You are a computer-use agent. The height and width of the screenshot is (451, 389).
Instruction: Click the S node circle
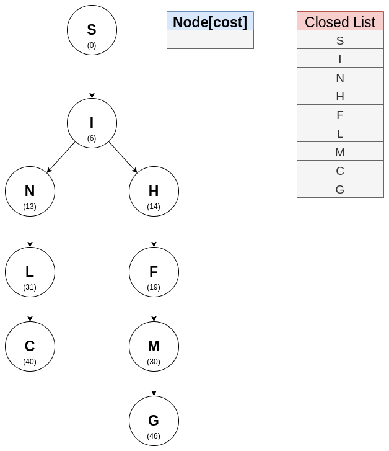tap(92, 30)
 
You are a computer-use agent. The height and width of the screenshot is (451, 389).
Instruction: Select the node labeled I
tap(92, 123)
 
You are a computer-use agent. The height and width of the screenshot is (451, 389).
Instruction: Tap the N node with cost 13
tap(30, 192)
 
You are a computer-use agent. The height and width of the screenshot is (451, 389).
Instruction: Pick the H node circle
tap(154, 192)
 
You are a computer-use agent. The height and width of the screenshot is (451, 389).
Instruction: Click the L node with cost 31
tap(30, 272)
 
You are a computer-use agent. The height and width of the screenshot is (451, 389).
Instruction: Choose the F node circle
tap(154, 272)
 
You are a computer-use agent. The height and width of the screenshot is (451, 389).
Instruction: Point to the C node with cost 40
tap(30, 347)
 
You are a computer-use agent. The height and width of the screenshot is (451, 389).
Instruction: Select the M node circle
tap(154, 347)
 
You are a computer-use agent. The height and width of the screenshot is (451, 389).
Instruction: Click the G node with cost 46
tap(154, 421)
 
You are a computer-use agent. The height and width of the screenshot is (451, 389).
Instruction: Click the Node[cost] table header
tap(210, 22)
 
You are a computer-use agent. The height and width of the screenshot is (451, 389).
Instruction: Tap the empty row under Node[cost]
tap(210, 40)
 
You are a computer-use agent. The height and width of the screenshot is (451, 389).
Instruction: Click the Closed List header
tap(340, 22)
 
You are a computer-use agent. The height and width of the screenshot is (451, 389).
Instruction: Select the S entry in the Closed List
tap(340, 40)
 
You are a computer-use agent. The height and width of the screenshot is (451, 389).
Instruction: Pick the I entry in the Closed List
tap(340, 59)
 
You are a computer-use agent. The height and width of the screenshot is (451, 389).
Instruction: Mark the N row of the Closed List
tap(340, 78)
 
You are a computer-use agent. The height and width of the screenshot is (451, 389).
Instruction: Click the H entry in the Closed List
tap(340, 96)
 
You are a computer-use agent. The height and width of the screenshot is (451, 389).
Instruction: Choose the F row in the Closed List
tap(340, 115)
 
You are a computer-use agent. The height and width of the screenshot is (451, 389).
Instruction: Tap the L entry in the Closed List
tap(340, 133)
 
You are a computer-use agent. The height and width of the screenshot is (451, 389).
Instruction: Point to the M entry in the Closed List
tap(340, 152)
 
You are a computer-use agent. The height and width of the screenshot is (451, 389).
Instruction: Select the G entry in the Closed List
tap(340, 189)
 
